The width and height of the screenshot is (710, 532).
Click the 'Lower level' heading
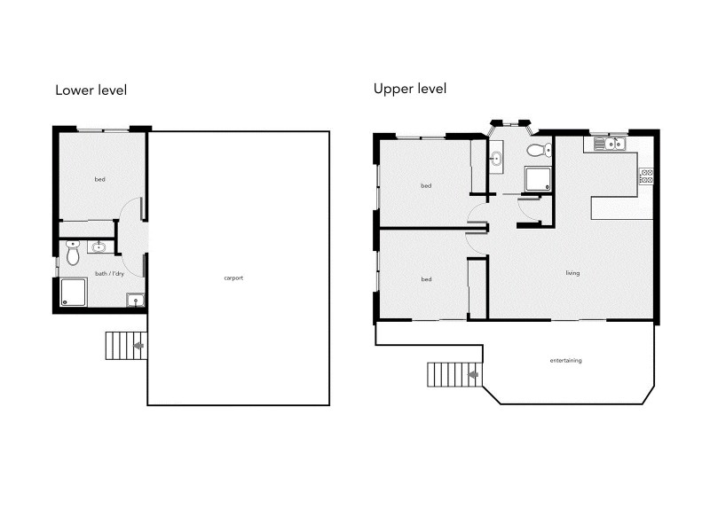pyautogui.click(x=91, y=90)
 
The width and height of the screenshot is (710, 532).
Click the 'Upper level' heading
pyautogui.click(x=409, y=89)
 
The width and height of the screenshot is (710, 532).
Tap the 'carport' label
pyautogui.click(x=233, y=278)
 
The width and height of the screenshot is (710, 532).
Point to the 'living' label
pyautogui.click(x=572, y=273)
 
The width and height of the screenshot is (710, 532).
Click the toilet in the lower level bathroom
pyautogui.click(x=73, y=254)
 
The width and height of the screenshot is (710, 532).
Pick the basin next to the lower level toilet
pyautogui.click(x=99, y=247)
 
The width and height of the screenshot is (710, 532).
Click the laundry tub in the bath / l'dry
pyautogui.click(x=135, y=300)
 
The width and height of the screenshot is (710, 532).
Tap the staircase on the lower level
pyautogui.click(x=125, y=345)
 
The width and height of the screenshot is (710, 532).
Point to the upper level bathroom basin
pyautogui.click(x=495, y=160)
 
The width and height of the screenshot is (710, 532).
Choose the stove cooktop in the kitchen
pyautogui.click(x=646, y=176)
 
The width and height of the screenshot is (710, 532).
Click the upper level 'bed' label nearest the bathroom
pyautogui.click(x=426, y=185)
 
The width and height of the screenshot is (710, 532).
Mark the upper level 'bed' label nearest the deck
pyautogui.click(x=426, y=280)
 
